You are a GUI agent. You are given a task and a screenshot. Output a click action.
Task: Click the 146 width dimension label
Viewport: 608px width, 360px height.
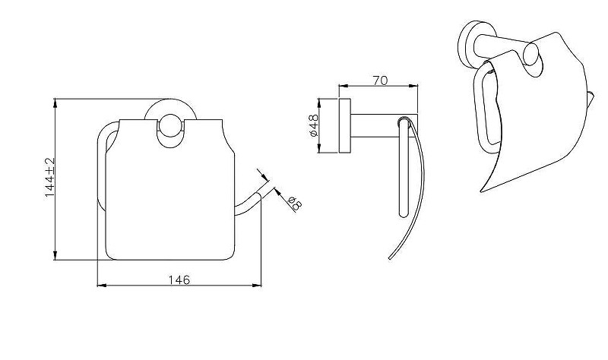click(179, 279)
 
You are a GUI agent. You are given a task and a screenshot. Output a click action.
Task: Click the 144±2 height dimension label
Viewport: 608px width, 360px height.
click(49, 178)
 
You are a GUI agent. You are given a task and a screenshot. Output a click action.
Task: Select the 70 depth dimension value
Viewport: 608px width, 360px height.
click(380, 81)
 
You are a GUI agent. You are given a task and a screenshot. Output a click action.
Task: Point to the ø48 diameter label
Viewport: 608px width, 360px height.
click(313, 125)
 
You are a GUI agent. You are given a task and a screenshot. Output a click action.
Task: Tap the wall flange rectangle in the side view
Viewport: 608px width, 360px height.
click(345, 126)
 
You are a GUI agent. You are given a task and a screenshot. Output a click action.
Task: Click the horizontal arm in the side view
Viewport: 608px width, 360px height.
click(384, 126)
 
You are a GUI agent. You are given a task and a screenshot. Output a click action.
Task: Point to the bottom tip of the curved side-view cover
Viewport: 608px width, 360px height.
click(389, 258)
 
